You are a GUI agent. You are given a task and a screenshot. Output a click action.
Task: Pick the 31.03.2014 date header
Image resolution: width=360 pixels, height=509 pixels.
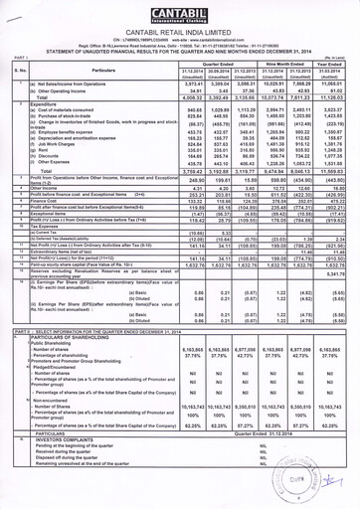tap(336, 72)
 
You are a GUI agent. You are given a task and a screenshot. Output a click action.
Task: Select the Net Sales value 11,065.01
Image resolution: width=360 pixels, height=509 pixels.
tap(336, 86)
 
